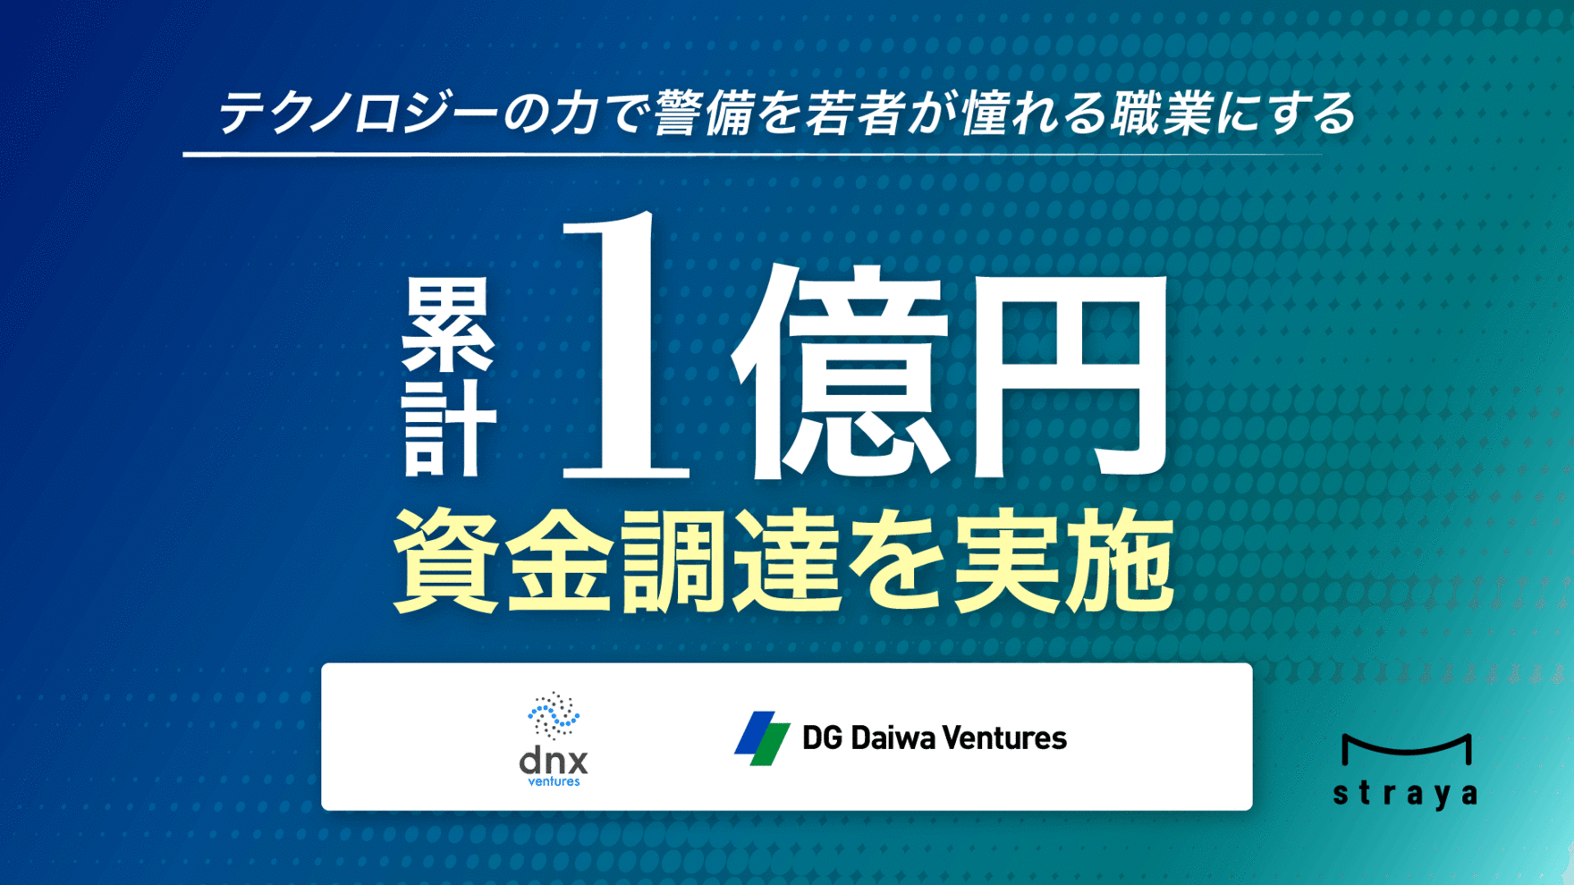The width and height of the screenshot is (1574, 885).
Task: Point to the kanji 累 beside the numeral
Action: click(x=446, y=324)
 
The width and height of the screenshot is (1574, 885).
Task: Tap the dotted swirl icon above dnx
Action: click(x=554, y=716)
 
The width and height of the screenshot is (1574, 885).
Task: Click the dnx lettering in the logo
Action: click(x=554, y=761)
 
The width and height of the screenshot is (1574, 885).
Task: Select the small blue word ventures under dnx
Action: click(x=554, y=781)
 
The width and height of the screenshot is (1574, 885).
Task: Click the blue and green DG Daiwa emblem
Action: click(x=763, y=738)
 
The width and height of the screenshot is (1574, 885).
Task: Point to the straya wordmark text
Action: click(x=1405, y=794)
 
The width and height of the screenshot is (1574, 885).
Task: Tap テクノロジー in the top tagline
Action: click(x=358, y=114)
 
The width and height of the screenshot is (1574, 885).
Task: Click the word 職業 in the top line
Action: click(x=1160, y=114)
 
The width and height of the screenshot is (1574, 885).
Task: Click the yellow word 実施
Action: click(x=1063, y=561)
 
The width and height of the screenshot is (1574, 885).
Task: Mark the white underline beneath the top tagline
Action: click(x=752, y=155)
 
